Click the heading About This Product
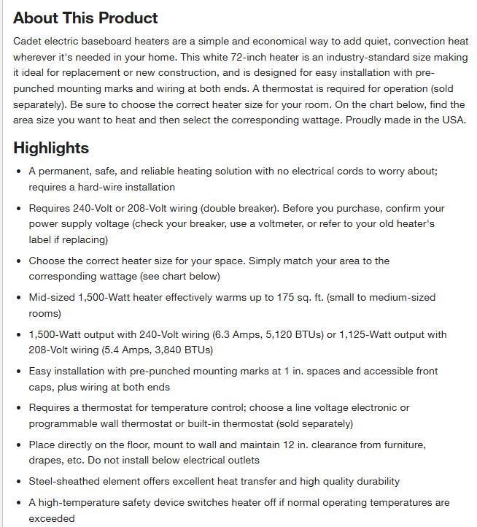click(85, 18)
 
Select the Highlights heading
click(51, 148)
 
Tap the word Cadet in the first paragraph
click(28, 40)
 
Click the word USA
click(451, 120)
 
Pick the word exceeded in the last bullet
click(52, 518)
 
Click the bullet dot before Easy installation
click(19, 372)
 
